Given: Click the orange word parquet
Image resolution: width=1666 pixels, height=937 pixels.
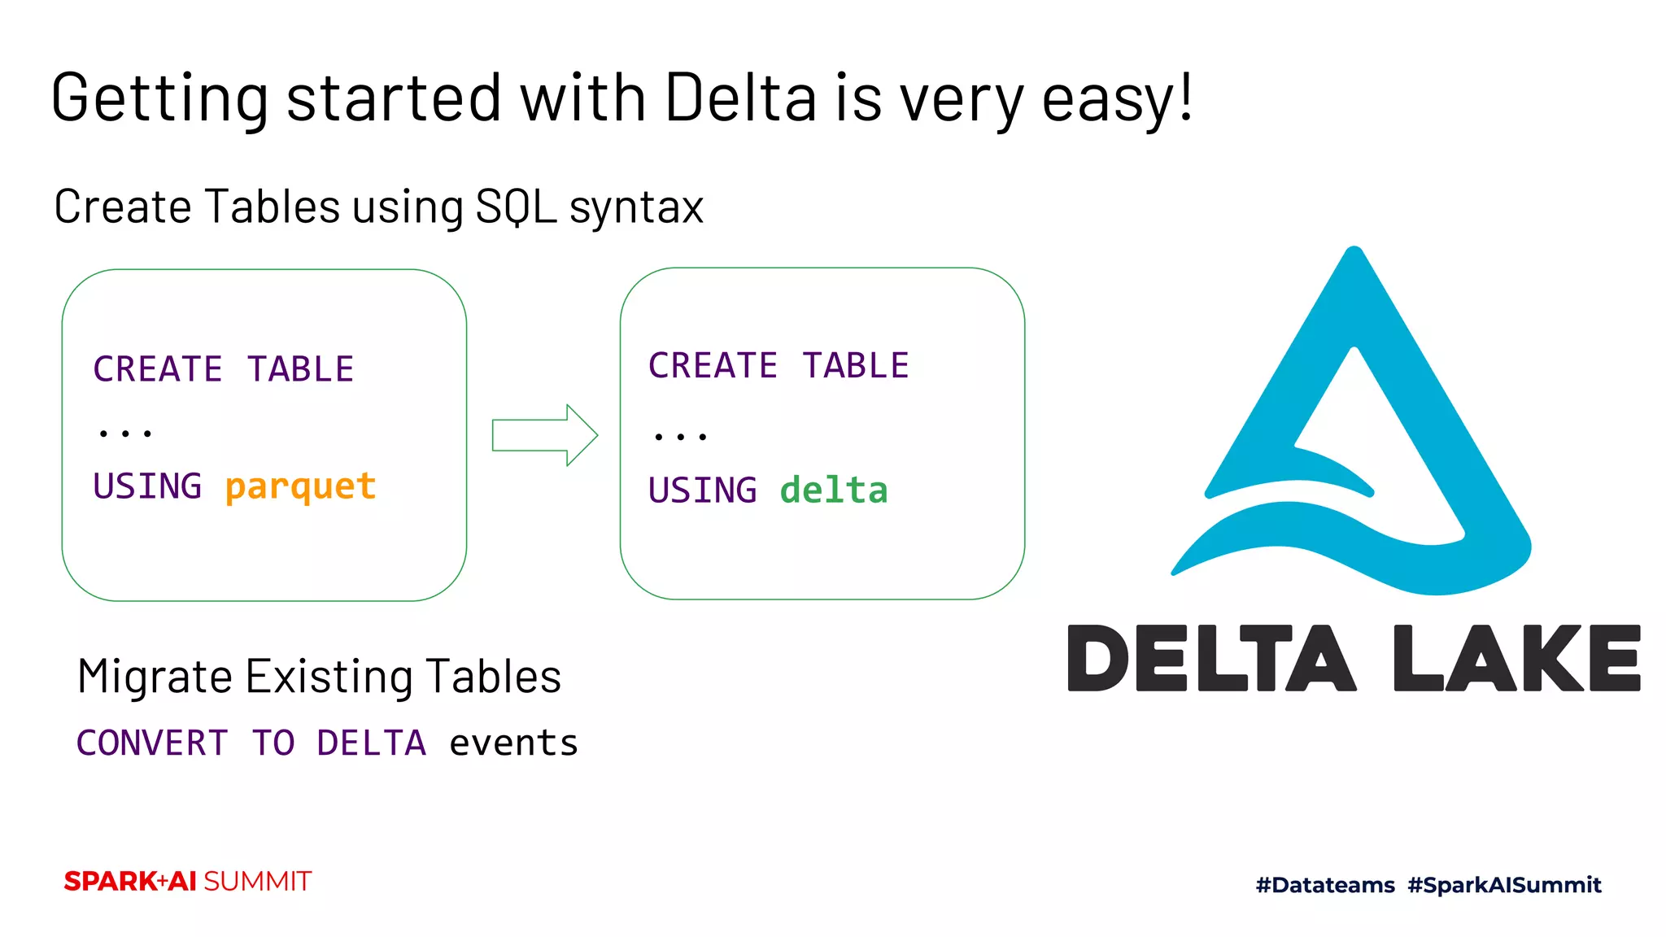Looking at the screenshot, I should coord(300,487).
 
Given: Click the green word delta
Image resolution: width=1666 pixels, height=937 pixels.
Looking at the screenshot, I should coord(834,490).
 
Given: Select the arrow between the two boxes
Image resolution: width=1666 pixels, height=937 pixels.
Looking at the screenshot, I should coord(544,435).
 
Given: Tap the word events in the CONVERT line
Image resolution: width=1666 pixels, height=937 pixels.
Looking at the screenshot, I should coord(513,743).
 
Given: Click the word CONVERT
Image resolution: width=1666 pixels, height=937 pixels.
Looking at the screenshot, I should coord(152,743).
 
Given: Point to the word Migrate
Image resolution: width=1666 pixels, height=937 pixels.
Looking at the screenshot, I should coord(155,677).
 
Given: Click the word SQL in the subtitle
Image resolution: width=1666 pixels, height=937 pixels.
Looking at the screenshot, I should coord(516,207).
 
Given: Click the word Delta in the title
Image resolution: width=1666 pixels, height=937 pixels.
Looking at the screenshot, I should coord(740,98).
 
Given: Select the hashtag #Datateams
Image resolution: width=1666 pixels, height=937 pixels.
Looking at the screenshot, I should coord(1325,885).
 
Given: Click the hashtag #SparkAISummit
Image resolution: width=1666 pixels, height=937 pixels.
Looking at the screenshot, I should coord(1504,885).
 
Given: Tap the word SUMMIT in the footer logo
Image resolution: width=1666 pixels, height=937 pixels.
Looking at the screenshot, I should coord(257,882).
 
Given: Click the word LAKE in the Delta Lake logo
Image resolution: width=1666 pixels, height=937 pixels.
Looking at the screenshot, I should coord(1516,659).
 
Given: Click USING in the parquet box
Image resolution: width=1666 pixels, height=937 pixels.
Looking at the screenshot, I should coord(147,486).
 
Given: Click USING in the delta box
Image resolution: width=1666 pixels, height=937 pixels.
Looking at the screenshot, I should coord(703,490).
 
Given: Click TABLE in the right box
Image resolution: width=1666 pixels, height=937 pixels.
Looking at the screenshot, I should coord(856,366).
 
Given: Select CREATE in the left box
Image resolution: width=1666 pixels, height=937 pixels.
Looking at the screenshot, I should coord(158,369).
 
